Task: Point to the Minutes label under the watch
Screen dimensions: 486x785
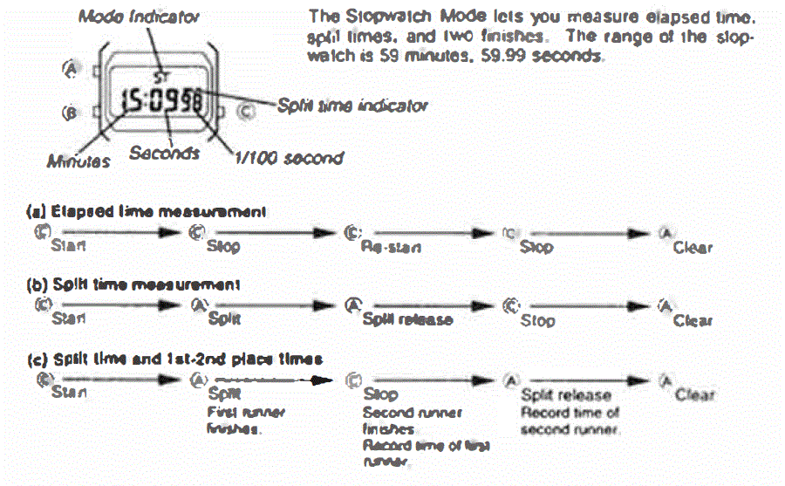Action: tap(79, 161)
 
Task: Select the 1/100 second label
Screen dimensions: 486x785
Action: tap(288, 158)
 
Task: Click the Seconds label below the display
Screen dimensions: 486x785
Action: tap(164, 153)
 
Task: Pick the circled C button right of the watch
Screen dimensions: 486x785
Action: tap(247, 111)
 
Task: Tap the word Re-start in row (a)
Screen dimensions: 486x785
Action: tap(390, 248)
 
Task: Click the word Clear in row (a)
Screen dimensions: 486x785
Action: tap(693, 247)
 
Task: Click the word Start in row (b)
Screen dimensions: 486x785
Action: tap(69, 320)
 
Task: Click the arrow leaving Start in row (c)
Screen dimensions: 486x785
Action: tap(118, 380)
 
